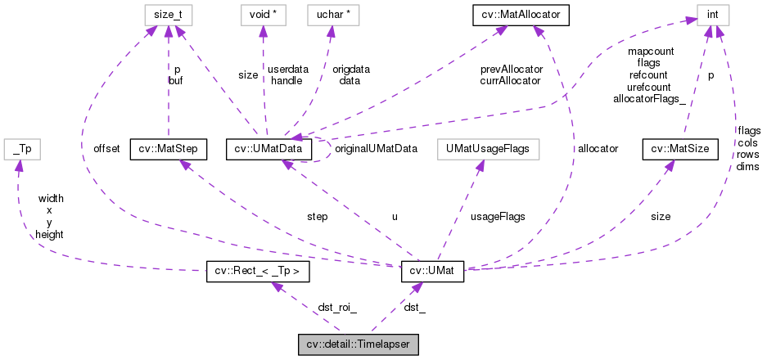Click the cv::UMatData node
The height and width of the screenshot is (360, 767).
pos(269,149)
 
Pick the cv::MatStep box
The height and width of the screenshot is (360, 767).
pos(168,149)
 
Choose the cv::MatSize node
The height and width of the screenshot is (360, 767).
pos(680,149)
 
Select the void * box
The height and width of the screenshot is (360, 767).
pos(261,15)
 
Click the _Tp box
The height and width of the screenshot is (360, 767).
pos(22,149)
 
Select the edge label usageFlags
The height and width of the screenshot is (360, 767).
pos(497,217)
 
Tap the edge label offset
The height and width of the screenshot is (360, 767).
pos(106,149)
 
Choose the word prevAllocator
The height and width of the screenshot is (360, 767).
pos(511,70)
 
